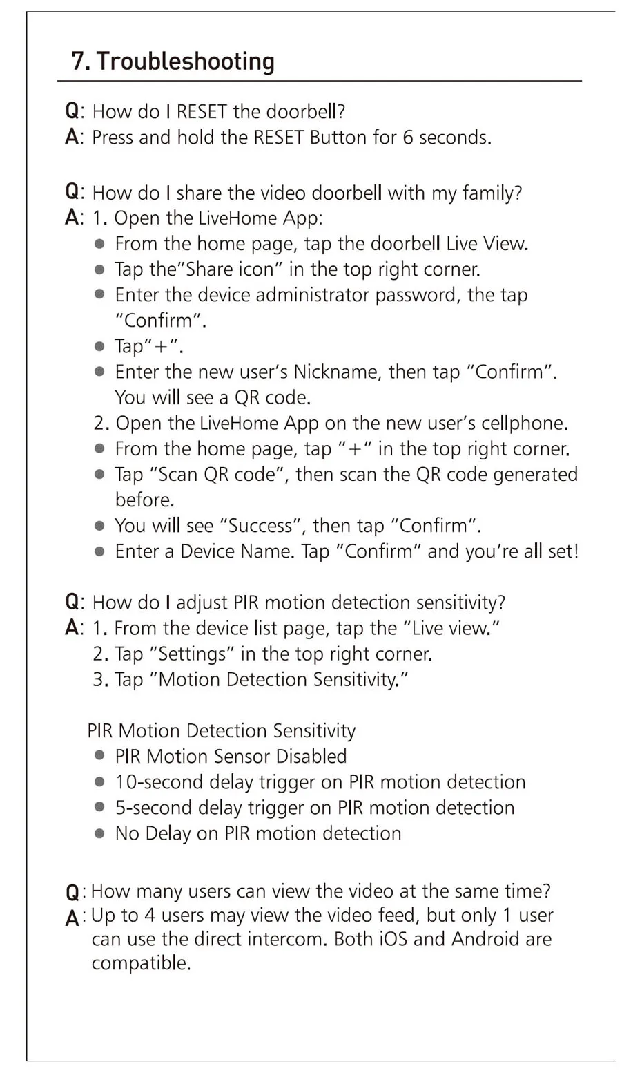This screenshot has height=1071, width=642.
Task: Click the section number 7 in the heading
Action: pos(79,61)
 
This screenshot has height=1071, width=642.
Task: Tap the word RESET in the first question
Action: pos(202,112)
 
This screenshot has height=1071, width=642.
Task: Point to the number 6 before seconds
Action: pos(407,138)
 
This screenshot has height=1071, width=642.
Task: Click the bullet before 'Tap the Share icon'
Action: pos(100,269)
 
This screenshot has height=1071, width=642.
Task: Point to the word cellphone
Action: pos(523,423)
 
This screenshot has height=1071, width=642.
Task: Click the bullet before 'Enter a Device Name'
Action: pos(100,551)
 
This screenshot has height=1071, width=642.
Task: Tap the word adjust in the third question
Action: pos(202,603)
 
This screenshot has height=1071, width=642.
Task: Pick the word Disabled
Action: pos(312,757)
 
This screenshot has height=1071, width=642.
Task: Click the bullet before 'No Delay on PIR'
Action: pos(100,833)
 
